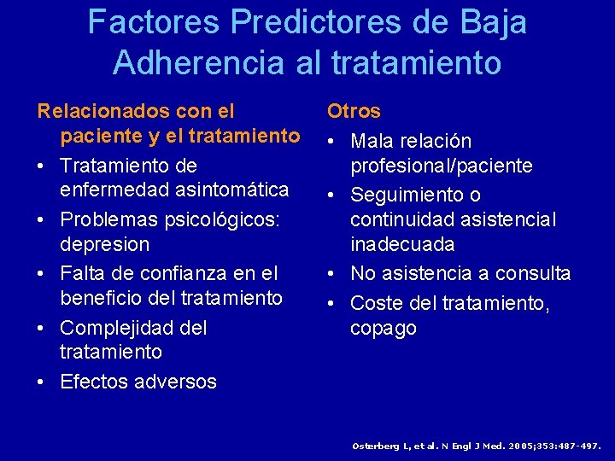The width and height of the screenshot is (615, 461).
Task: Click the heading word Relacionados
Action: click(101, 111)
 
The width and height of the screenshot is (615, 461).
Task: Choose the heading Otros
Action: click(354, 111)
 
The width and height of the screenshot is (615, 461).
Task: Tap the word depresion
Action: click(104, 244)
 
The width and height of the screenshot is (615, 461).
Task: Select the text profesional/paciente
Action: click(441, 165)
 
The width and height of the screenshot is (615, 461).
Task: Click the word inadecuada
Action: click(401, 244)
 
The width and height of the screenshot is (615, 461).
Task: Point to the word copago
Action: click(384, 328)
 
